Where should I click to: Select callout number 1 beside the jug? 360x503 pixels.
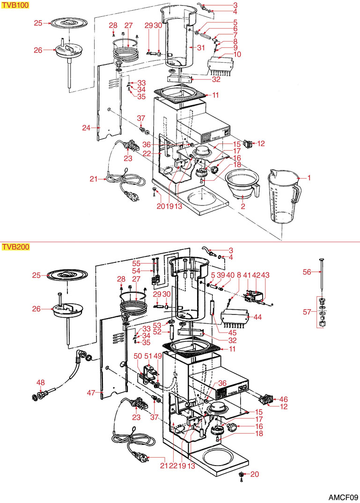309,178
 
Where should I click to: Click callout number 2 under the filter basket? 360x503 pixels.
243,206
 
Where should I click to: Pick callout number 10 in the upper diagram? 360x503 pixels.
237,55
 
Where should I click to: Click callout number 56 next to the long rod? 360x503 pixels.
307,272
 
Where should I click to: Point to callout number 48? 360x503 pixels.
41,383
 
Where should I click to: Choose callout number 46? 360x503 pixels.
283,400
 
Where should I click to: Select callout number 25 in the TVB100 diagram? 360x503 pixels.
38,23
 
